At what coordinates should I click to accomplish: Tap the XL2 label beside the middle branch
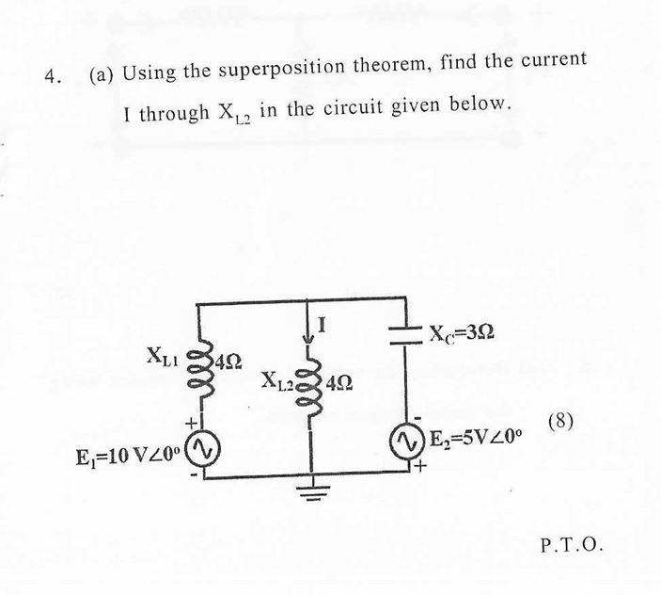(279, 380)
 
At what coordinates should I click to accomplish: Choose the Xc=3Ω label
(461, 332)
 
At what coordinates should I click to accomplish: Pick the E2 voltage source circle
(406, 440)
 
